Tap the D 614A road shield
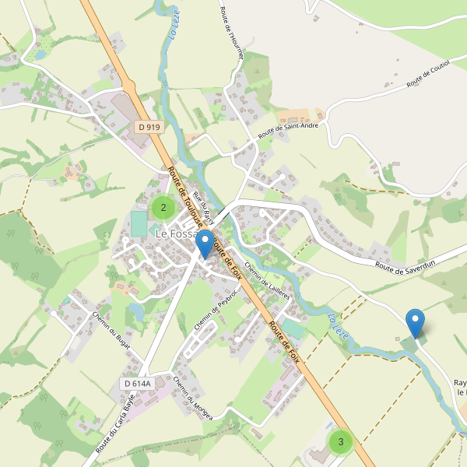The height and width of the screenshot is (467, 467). click(x=136, y=383)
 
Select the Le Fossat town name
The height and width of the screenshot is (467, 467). click(x=177, y=233)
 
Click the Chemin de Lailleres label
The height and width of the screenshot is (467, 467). click(x=267, y=280)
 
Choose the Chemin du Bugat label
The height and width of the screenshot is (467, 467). click(x=109, y=332)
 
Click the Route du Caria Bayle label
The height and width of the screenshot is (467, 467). click(x=115, y=424)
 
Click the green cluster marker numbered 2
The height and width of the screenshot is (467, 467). click(x=163, y=207)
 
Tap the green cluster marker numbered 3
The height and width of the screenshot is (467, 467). click(x=340, y=441)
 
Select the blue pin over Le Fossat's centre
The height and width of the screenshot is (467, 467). click(x=205, y=243)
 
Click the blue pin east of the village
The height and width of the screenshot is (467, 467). click(x=416, y=322)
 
